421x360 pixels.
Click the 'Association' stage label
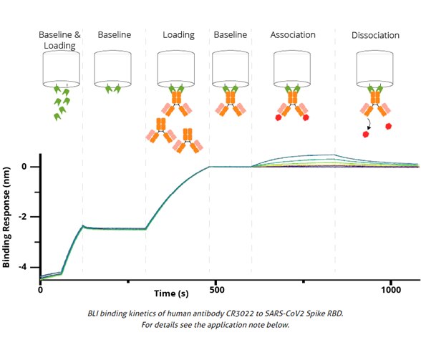(x=293, y=35)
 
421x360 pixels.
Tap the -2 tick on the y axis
(x=26, y=217)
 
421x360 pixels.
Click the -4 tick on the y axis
(x=26, y=267)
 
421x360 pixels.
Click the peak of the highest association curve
(x=334, y=155)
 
